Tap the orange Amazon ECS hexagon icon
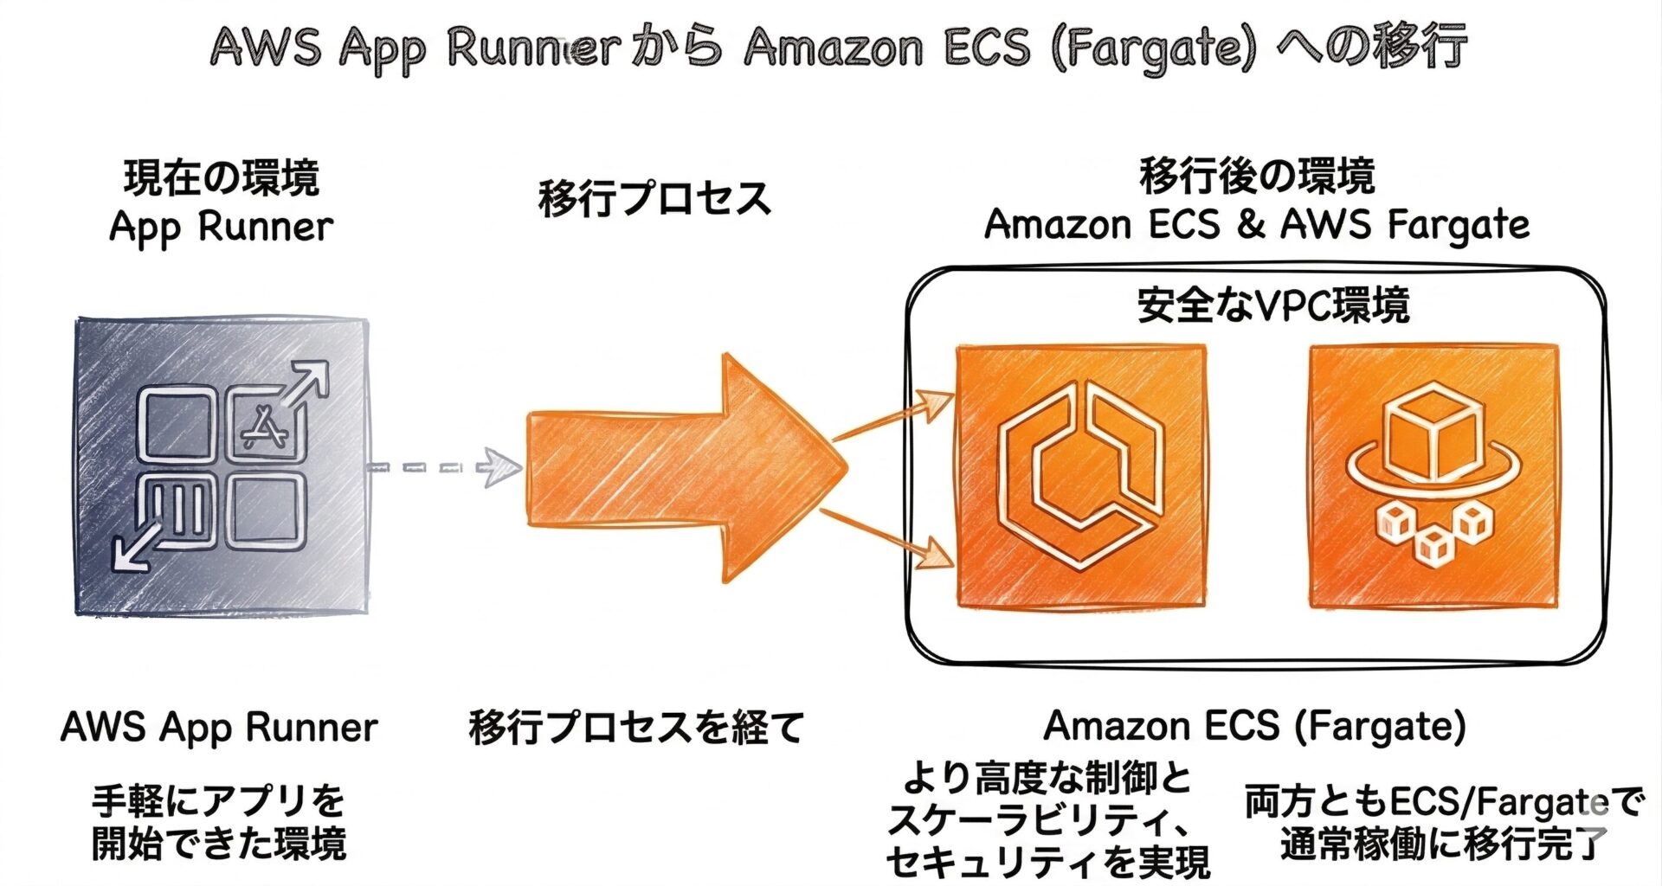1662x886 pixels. pos(1080,476)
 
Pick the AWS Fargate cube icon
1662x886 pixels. pos(1433,476)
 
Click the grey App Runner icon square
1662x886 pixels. pos(222,467)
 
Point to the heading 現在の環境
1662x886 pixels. pos(222,178)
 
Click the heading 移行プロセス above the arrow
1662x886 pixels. pos(654,198)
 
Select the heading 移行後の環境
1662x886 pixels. pos(1257,177)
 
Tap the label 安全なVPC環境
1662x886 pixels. pos(1272,305)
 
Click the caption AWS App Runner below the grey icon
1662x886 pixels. pos(219,728)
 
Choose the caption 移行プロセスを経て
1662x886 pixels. pos(636,728)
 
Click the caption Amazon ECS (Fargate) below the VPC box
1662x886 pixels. pos(1254,726)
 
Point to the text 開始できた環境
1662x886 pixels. pos(219,844)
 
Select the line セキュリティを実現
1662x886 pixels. pos(1047,862)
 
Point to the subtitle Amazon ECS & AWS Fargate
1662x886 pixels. pos(1257,225)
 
